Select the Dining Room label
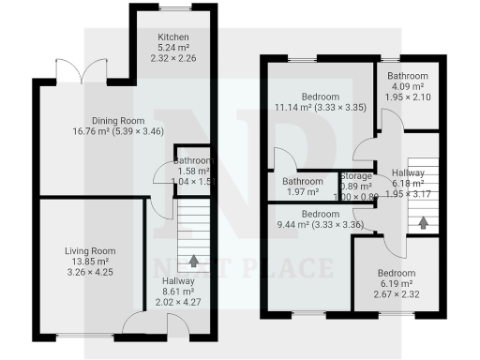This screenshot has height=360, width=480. (116, 120)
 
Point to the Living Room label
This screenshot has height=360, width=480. (89, 251)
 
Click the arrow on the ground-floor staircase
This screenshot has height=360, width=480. (195, 261)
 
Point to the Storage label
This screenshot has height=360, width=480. (356, 176)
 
